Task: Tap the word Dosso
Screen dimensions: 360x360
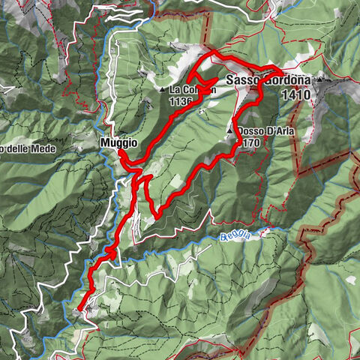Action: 250,131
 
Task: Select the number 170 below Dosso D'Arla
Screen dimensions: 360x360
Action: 250,142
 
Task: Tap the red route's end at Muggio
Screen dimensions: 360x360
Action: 120,152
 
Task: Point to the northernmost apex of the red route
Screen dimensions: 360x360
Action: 214,52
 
